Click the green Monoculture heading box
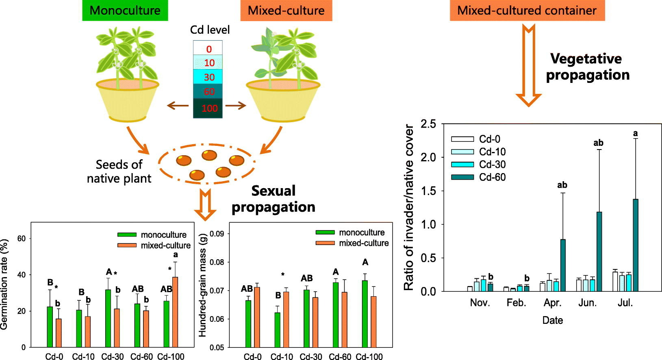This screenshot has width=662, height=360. point(125,11)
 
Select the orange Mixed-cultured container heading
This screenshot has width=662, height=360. point(527,11)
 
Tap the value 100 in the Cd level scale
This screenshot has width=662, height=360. point(209,108)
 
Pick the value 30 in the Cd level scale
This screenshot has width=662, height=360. point(209,77)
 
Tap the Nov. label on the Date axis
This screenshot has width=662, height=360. point(480,303)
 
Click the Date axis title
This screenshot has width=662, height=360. point(552,320)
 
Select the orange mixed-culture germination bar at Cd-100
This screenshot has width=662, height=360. point(175,312)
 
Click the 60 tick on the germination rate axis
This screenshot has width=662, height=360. point(22,239)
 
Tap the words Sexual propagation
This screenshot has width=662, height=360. point(273,199)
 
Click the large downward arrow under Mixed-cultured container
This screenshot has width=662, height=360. point(528,65)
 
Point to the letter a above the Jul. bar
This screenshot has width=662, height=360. point(636,133)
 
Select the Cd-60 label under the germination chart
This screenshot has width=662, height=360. point(141,357)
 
